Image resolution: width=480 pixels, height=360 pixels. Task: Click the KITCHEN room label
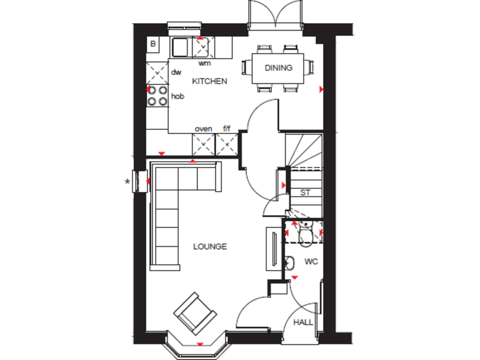click(209, 81)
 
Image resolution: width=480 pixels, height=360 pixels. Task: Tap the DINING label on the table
click(278, 68)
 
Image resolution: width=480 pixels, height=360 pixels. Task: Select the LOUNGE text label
click(209, 246)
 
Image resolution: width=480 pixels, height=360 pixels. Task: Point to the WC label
click(311, 261)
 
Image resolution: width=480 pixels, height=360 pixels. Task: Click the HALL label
click(303, 322)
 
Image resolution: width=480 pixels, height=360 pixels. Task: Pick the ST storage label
click(305, 192)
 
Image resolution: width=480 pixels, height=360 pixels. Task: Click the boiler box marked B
click(152, 44)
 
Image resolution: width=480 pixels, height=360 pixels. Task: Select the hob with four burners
click(157, 96)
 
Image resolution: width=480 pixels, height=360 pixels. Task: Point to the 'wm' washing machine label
click(204, 63)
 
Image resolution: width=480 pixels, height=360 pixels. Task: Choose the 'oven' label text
click(203, 129)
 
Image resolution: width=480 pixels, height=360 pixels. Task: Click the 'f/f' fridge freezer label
click(226, 129)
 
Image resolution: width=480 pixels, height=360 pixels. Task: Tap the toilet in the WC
click(306, 234)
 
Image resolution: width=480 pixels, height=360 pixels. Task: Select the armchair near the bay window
click(196, 312)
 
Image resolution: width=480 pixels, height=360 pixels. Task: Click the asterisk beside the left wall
click(127, 182)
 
